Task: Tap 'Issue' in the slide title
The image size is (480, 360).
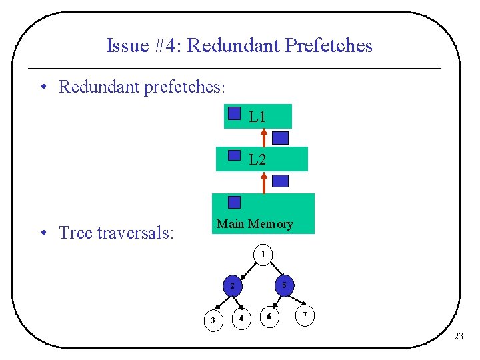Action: (x=127, y=45)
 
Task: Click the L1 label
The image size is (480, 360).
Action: (x=257, y=117)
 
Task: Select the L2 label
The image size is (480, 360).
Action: (x=257, y=160)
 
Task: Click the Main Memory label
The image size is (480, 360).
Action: (x=255, y=224)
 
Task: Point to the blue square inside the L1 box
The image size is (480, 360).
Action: (x=233, y=113)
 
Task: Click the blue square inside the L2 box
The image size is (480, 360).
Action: (x=233, y=155)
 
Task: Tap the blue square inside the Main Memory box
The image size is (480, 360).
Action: (x=234, y=202)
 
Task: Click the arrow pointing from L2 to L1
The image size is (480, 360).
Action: (x=264, y=137)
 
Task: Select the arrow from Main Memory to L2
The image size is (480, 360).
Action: (x=264, y=182)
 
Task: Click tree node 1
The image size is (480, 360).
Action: (x=263, y=255)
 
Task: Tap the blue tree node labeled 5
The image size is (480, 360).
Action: (x=283, y=285)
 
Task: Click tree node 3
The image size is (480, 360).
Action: (x=213, y=321)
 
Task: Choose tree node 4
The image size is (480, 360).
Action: (x=241, y=319)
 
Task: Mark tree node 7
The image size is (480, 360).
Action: (x=305, y=315)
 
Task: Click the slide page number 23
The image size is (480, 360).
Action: (x=458, y=337)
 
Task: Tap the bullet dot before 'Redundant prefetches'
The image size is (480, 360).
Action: (x=43, y=87)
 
